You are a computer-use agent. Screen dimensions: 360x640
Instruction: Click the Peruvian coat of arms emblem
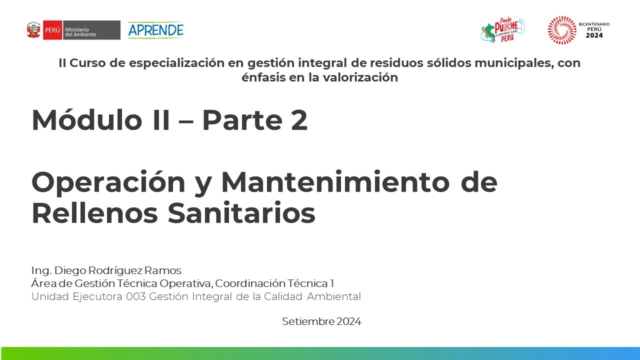coord(33,30)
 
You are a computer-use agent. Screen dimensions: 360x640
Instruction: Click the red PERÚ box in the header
coord(52,30)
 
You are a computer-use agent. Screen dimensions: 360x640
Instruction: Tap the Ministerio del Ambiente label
coord(81,30)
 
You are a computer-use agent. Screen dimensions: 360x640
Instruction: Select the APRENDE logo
coord(155,30)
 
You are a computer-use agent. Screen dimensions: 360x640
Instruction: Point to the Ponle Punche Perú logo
coord(502,30)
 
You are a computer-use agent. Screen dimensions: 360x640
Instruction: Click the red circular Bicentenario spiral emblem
coord(562,30)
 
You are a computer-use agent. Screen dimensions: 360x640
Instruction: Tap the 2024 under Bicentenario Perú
coord(594,35)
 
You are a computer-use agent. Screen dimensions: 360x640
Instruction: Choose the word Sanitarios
coord(241,213)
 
